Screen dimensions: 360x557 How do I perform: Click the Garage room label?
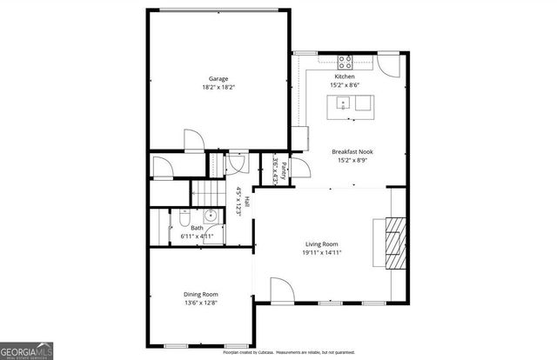pos(218,79)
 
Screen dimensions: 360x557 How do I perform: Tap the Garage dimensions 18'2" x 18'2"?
pos(218,88)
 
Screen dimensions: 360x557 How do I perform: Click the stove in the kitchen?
pos(346,62)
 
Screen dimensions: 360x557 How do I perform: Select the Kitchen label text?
pos(346,77)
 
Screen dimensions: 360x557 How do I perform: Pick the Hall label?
pos(247,200)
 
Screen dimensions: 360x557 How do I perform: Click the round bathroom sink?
pos(211,217)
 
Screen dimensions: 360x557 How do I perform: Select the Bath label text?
pos(198,229)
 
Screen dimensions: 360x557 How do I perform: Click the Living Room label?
pos(321,243)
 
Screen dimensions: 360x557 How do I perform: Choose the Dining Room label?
pos(199,294)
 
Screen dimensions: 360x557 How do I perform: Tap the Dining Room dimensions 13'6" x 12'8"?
pos(199,303)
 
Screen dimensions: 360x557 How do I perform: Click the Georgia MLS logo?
pos(27,351)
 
